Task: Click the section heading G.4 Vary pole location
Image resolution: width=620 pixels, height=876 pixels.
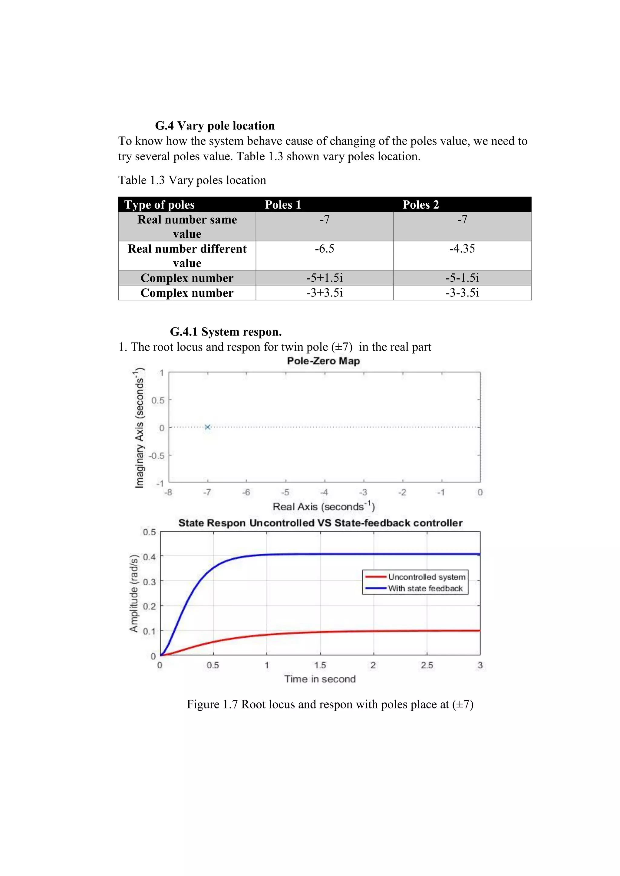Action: [215, 126]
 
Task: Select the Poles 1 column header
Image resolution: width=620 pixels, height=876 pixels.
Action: [283, 205]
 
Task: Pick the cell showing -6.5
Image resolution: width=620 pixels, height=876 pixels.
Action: [324, 249]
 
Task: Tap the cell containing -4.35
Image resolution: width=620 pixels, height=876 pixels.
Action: [462, 249]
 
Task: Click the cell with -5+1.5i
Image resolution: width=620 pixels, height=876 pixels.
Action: [324, 278]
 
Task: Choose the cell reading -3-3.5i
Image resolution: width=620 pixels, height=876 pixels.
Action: [462, 293]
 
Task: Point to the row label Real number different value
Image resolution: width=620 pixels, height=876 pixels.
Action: [187, 256]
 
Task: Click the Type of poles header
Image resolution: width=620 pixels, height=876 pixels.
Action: [160, 205]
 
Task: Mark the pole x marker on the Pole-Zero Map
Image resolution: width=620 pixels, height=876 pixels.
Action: [208, 427]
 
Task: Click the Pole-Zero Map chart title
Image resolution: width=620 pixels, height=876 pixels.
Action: [323, 361]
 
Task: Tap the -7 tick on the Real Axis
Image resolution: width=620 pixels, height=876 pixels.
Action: [207, 492]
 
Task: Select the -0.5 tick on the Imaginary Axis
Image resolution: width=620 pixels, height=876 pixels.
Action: [156, 456]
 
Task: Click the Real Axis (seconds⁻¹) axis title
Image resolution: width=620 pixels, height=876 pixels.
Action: [324, 507]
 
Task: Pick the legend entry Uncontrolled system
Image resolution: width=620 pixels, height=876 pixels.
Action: [427, 577]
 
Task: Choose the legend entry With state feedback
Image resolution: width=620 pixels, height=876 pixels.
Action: [425, 588]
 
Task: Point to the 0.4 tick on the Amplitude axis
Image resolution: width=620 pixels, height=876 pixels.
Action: [149, 557]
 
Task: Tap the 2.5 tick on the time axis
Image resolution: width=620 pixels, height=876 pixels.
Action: [427, 665]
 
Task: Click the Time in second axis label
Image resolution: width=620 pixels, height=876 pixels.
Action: [320, 679]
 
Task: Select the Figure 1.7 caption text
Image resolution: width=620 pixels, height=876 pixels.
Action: [330, 704]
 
